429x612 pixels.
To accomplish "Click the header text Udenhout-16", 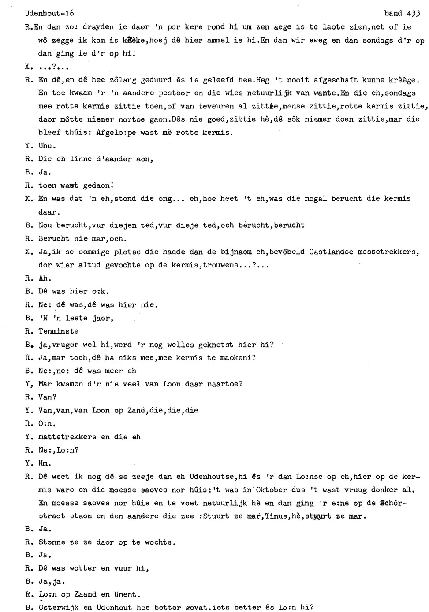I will (x=50, y=14).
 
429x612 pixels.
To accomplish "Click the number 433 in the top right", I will (x=413, y=14).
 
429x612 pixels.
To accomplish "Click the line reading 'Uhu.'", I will (x=47, y=146).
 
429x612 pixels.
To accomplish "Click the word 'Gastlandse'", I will (x=331, y=252).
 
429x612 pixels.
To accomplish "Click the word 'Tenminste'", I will (x=58, y=331).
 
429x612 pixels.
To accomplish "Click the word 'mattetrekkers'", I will (x=67, y=437).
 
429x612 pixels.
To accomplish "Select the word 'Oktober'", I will (x=271, y=490).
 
